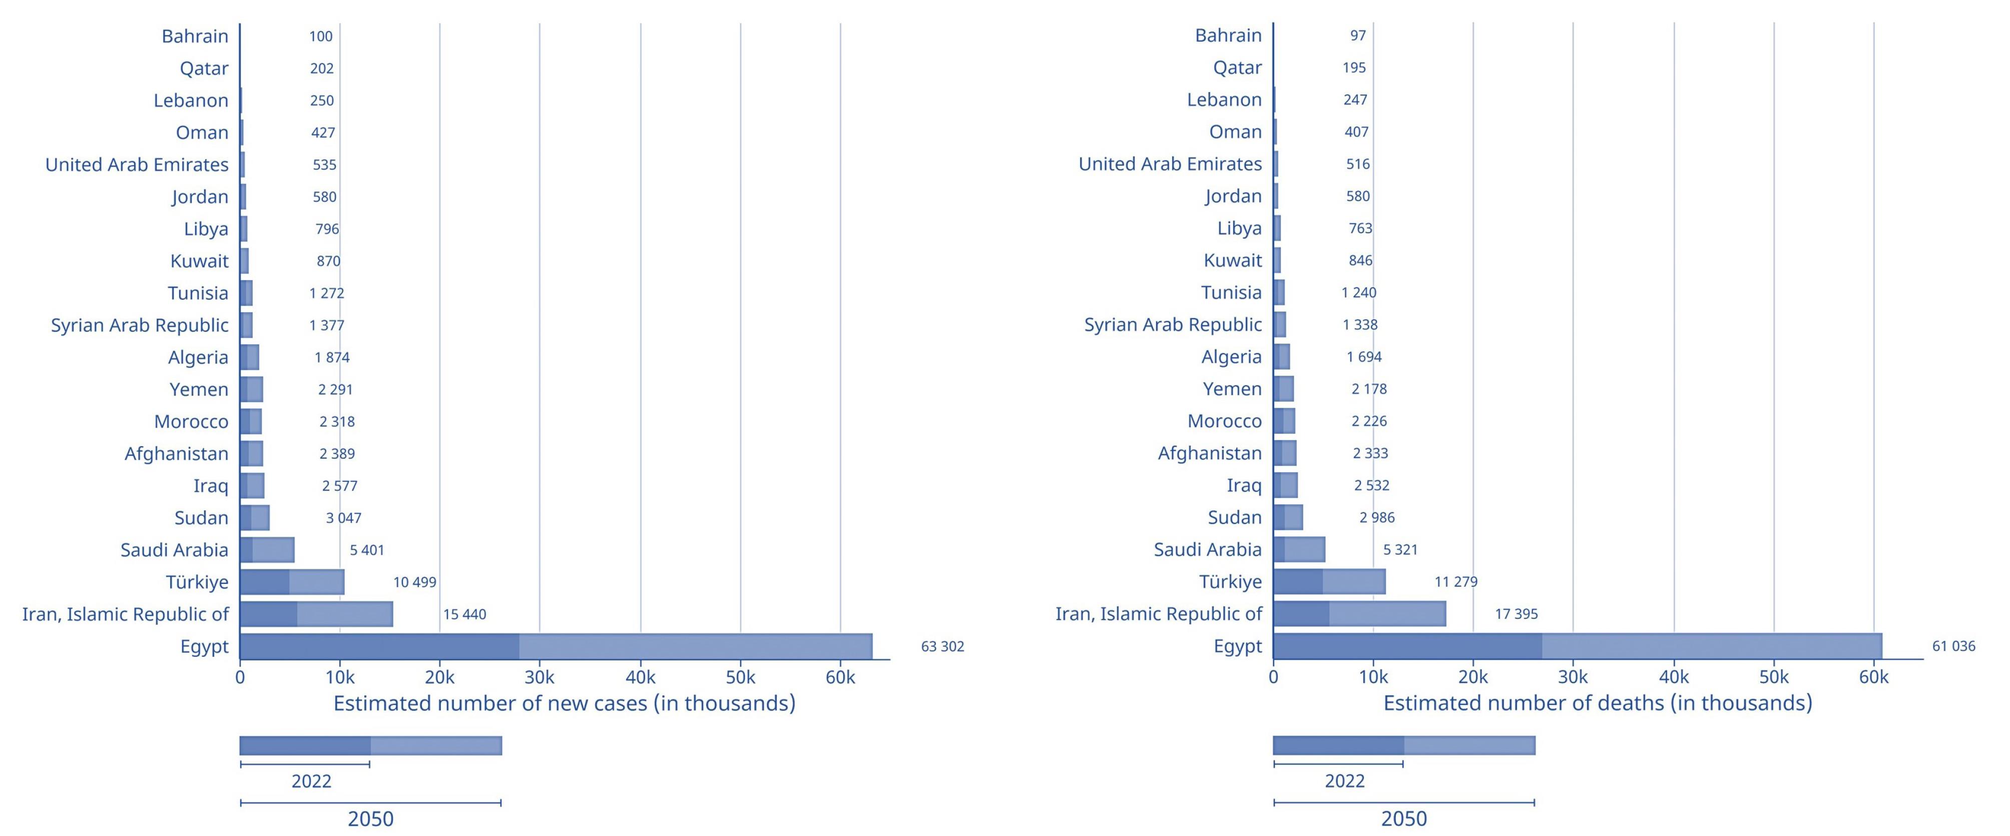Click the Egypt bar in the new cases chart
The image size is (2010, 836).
point(556,646)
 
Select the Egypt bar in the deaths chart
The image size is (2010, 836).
point(1577,646)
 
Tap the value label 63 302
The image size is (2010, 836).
point(942,646)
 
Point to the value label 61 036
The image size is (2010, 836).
point(1953,646)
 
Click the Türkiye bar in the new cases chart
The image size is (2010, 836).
point(292,582)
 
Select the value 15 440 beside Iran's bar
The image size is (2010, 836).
point(464,614)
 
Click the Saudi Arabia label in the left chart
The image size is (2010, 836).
point(174,550)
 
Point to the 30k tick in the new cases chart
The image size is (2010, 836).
point(539,677)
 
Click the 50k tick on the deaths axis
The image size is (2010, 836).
point(1774,677)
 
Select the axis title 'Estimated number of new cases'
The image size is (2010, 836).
point(564,703)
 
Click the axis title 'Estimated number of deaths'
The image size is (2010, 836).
point(1597,702)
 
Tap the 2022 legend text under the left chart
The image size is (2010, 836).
point(311,780)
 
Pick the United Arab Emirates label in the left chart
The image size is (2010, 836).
point(137,165)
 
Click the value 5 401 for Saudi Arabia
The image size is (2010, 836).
point(367,550)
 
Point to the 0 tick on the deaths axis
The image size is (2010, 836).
point(1273,677)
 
